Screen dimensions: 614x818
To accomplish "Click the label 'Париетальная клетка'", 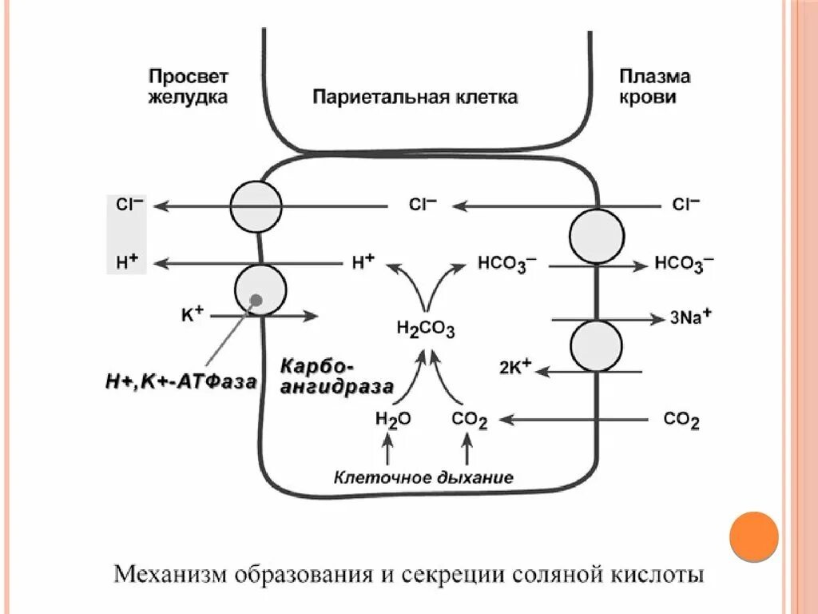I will (415, 98).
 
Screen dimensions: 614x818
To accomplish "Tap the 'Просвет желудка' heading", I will (189, 87).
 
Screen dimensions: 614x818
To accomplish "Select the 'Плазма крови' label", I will (654, 87).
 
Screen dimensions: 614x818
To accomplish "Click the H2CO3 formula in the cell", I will (425, 329).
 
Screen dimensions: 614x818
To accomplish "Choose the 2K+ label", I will (516, 369).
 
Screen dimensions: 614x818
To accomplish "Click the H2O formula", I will (392, 418).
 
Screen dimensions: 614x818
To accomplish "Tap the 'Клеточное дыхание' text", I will (423, 478).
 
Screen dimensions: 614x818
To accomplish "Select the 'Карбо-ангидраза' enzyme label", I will (336, 377).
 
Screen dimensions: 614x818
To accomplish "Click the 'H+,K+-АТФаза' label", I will (181, 382).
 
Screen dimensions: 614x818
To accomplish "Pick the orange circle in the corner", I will (753, 535).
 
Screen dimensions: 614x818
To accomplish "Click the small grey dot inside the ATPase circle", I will (255, 300).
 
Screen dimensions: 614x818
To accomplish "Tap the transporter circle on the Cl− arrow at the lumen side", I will (256, 206).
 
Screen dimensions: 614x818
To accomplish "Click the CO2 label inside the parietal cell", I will (469, 419).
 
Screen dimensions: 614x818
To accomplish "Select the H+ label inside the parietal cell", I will (363, 261).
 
